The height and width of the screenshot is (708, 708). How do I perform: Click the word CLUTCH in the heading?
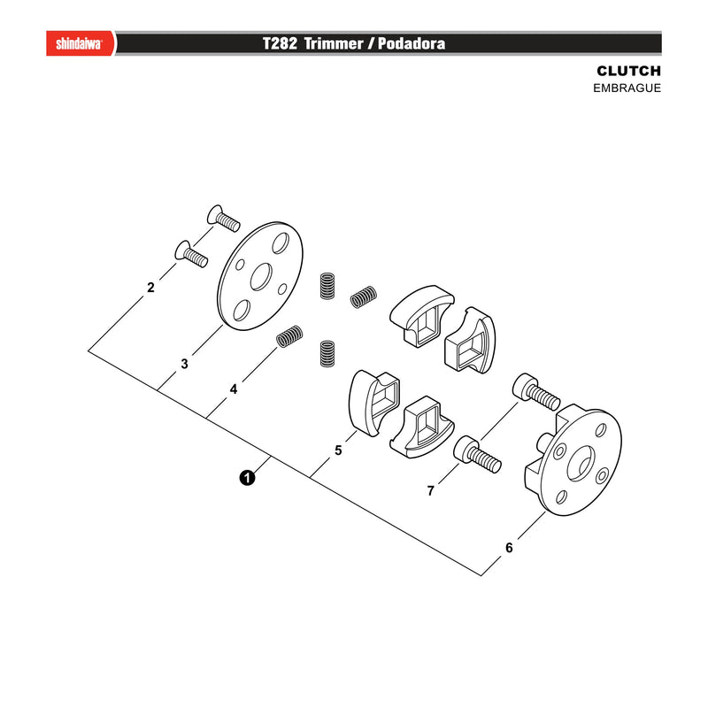[628, 71]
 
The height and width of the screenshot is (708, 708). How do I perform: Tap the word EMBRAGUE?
[627, 88]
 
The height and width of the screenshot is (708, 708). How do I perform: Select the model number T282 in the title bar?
[280, 43]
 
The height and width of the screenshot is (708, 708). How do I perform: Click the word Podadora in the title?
[412, 43]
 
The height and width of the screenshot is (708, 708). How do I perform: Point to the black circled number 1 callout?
[247, 477]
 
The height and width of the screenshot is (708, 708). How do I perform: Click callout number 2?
[150, 287]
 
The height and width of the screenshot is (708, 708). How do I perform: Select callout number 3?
[184, 364]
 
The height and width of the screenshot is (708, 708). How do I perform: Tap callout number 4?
[234, 389]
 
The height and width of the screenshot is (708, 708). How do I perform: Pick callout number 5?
[338, 450]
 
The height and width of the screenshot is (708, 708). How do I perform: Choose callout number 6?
[509, 548]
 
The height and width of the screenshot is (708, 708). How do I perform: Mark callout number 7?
[430, 490]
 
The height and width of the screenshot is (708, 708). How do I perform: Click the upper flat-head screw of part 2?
[223, 218]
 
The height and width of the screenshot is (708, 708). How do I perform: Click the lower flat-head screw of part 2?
[191, 254]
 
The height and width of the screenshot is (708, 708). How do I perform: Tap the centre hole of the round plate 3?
[261, 276]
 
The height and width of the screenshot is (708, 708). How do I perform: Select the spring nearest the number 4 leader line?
[289, 336]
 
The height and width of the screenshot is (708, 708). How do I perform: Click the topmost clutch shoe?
[422, 315]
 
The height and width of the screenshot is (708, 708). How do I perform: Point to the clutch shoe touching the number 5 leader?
[374, 403]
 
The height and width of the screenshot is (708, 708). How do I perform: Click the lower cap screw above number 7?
[477, 455]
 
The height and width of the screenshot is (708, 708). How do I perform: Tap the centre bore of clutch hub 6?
[580, 463]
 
